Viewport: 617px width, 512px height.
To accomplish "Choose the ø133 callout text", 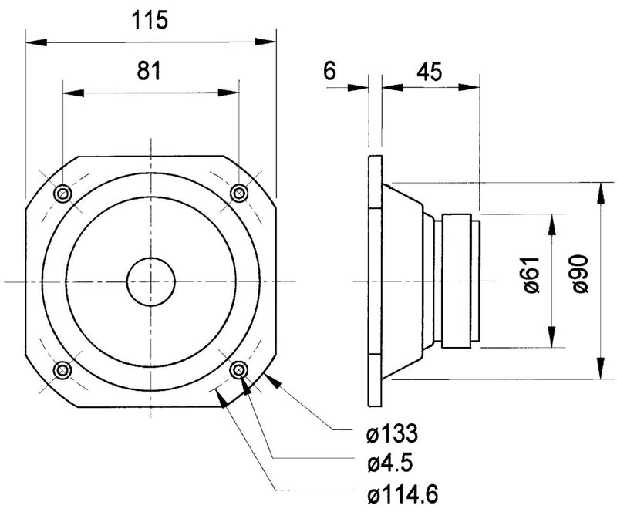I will pos(393,436).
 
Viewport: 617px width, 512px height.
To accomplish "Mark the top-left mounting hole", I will pos(62,192).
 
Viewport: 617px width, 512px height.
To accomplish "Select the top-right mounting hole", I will pos(239,192).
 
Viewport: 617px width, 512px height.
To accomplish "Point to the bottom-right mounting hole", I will pos(239,369).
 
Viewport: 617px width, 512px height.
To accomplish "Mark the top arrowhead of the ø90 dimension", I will pos(600,190).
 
